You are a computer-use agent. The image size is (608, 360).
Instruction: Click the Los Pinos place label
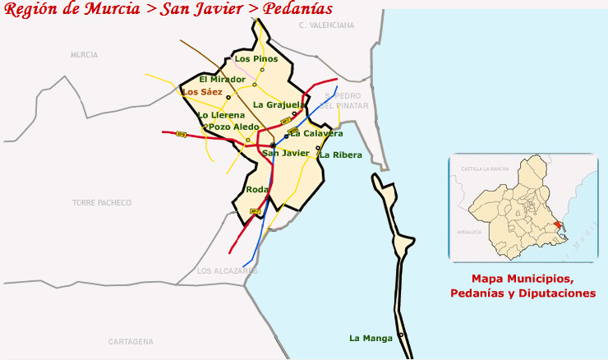(256, 59)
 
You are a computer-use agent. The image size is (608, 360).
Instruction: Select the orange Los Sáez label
(202, 92)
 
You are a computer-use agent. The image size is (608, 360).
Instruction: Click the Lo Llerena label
(221, 115)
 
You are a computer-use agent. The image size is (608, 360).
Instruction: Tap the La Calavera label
(316, 133)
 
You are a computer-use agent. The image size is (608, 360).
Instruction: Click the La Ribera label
(341, 155)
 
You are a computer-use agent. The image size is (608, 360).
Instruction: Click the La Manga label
(370, 338)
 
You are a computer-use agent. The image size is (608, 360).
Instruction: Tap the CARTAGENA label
(131, 341)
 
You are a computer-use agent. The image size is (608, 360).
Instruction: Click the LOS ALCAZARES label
(228, 271)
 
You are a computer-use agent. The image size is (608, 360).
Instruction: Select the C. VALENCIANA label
(326, 25)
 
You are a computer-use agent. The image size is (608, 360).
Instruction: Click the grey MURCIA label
(84, 54)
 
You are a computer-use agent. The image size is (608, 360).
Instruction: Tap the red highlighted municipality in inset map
(559, 226)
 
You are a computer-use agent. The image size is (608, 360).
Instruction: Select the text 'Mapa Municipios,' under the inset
(523, 279)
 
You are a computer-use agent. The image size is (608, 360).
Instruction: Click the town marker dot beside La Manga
(401, 335)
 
